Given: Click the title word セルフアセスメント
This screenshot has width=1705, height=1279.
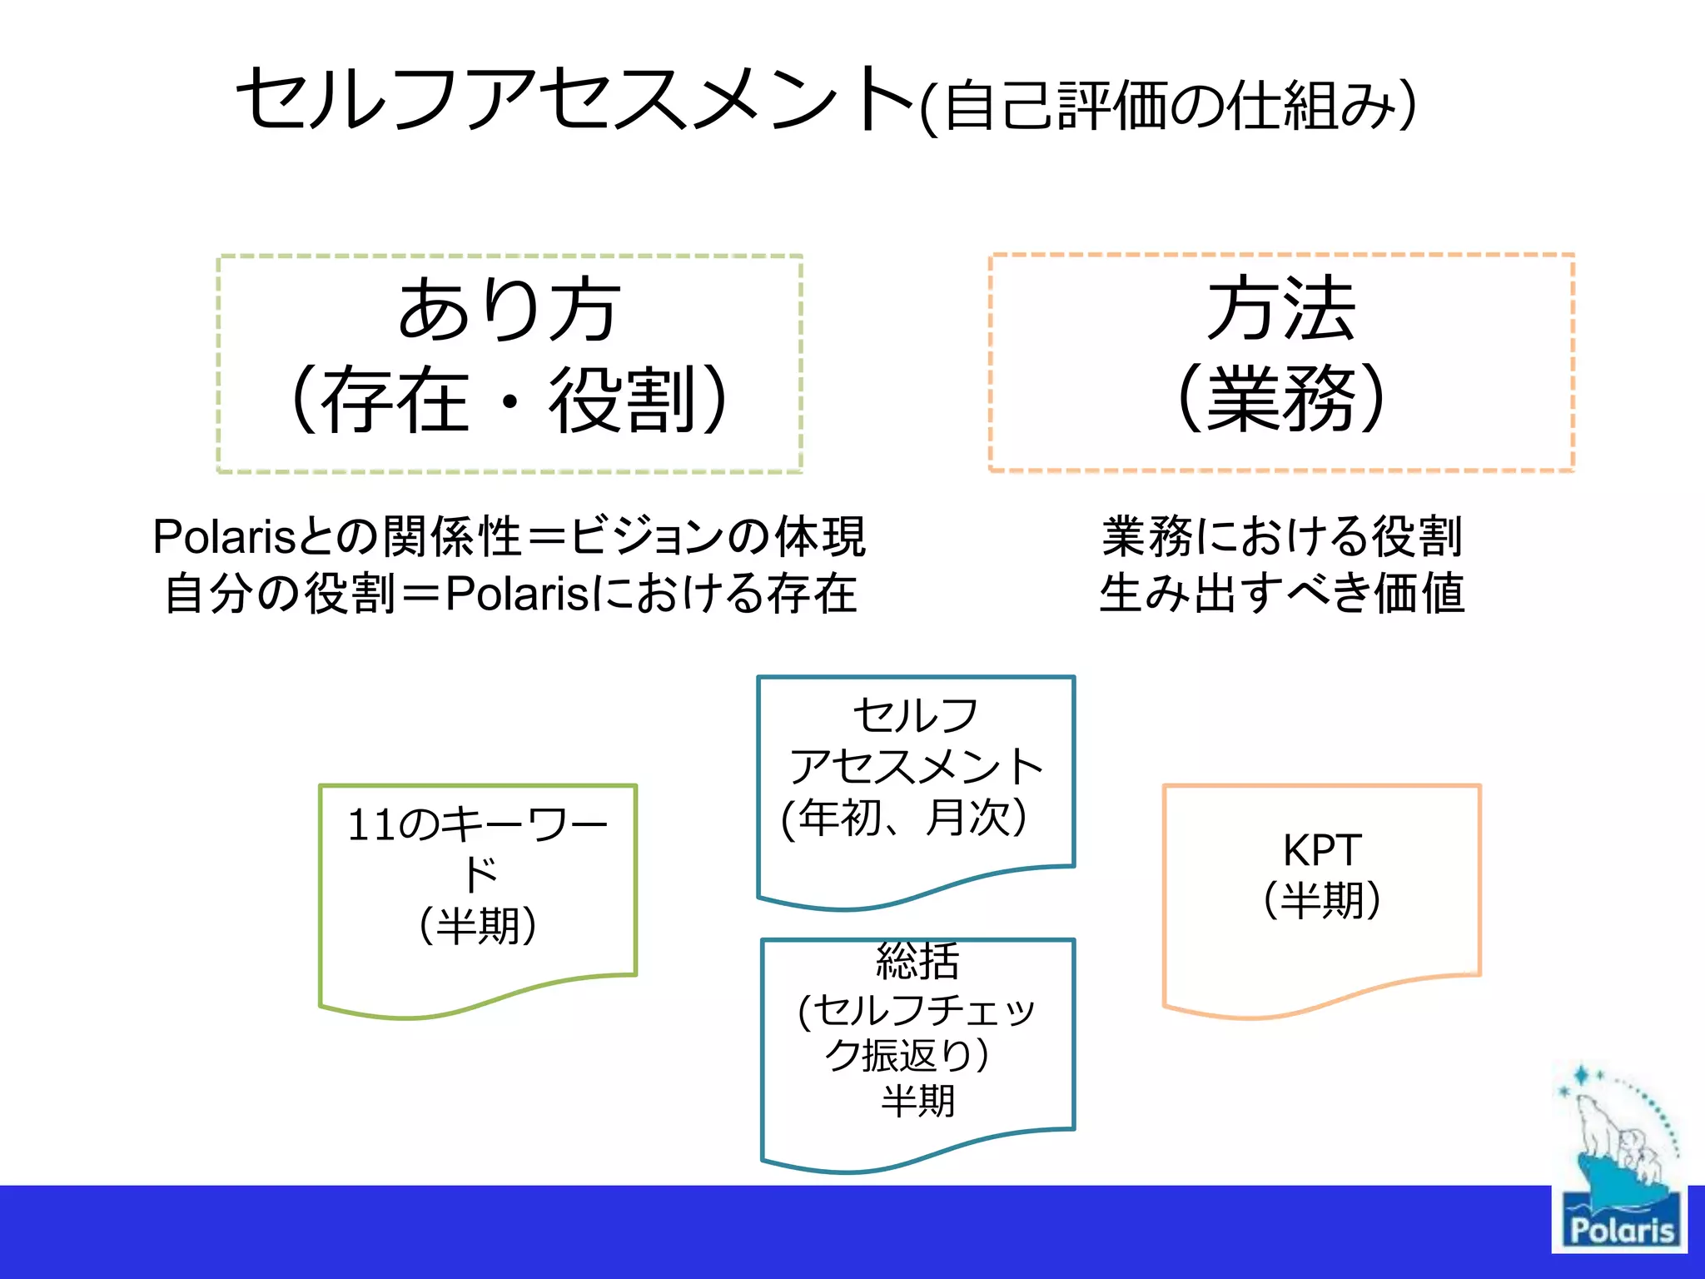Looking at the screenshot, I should pyautogui.click(x=574, y=100).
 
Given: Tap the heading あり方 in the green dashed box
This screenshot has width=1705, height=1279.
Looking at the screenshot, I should pyautogui.click(x=509, y=310).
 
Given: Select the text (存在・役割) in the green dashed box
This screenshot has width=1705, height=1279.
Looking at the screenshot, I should pyautogui.click(x=509, y=400).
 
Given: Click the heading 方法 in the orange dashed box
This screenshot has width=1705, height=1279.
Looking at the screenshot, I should pyautogui.click(x=1280, y=310).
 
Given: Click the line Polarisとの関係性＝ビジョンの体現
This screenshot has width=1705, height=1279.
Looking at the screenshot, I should pyautogui.click(x=509, y=536).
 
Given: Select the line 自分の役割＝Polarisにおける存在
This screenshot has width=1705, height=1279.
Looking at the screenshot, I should pyautogui.click(x=509, y=593).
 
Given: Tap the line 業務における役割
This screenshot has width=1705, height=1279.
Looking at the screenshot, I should pyautogui.click(x=1280, y=536).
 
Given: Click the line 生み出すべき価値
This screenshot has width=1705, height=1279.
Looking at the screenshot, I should pyautogui.click(x=1280, y=593).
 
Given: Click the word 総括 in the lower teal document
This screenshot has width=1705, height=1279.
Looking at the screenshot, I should pyautogui.click(x=917, y=963).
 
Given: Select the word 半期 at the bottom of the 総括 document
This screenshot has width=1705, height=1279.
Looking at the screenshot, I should pyautogui.click(x=917, y=1101).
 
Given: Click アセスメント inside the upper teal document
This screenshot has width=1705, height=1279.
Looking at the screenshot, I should pyautogui.click(x=916, y=766).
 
